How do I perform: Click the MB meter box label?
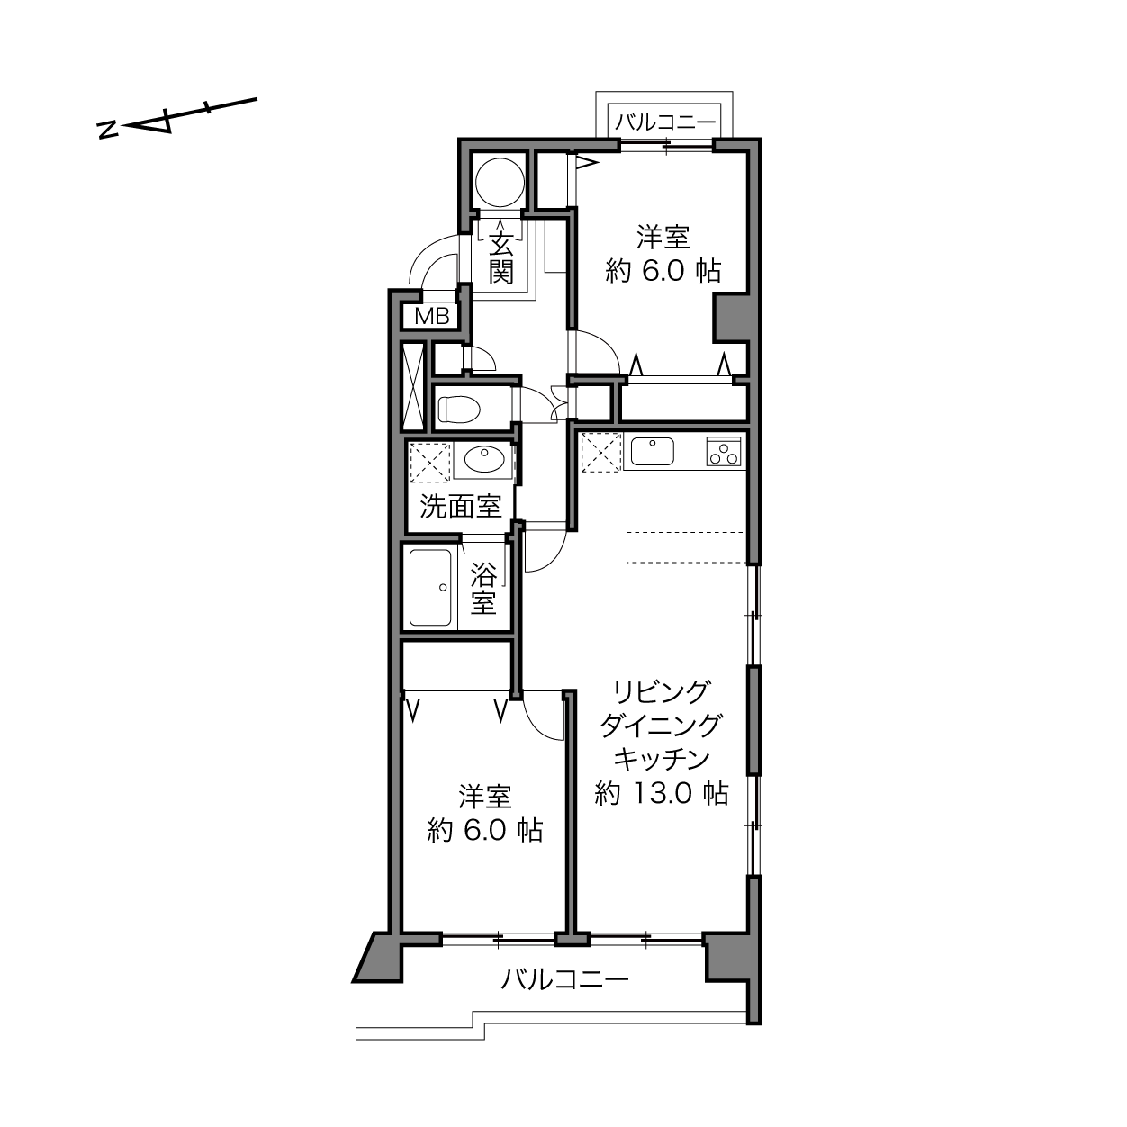(431, 316)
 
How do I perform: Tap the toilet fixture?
(459, 409)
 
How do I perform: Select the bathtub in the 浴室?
(430, 588)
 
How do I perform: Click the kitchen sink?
(652, 451)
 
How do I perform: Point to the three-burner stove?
(724, 451)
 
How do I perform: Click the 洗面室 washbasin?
(484, 459)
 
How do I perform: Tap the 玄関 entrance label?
(501, 257)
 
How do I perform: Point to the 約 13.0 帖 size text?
(661, 794)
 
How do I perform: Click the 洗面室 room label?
(461, 507)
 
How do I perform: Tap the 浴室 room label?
(484, 589)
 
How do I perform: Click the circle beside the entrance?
(500, 182)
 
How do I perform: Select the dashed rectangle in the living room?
(685, 547)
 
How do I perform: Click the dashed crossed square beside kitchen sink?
(600, 452)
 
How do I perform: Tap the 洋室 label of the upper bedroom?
(663, 237)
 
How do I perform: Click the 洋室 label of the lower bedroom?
(485, 797)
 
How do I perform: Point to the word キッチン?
(662, 760)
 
